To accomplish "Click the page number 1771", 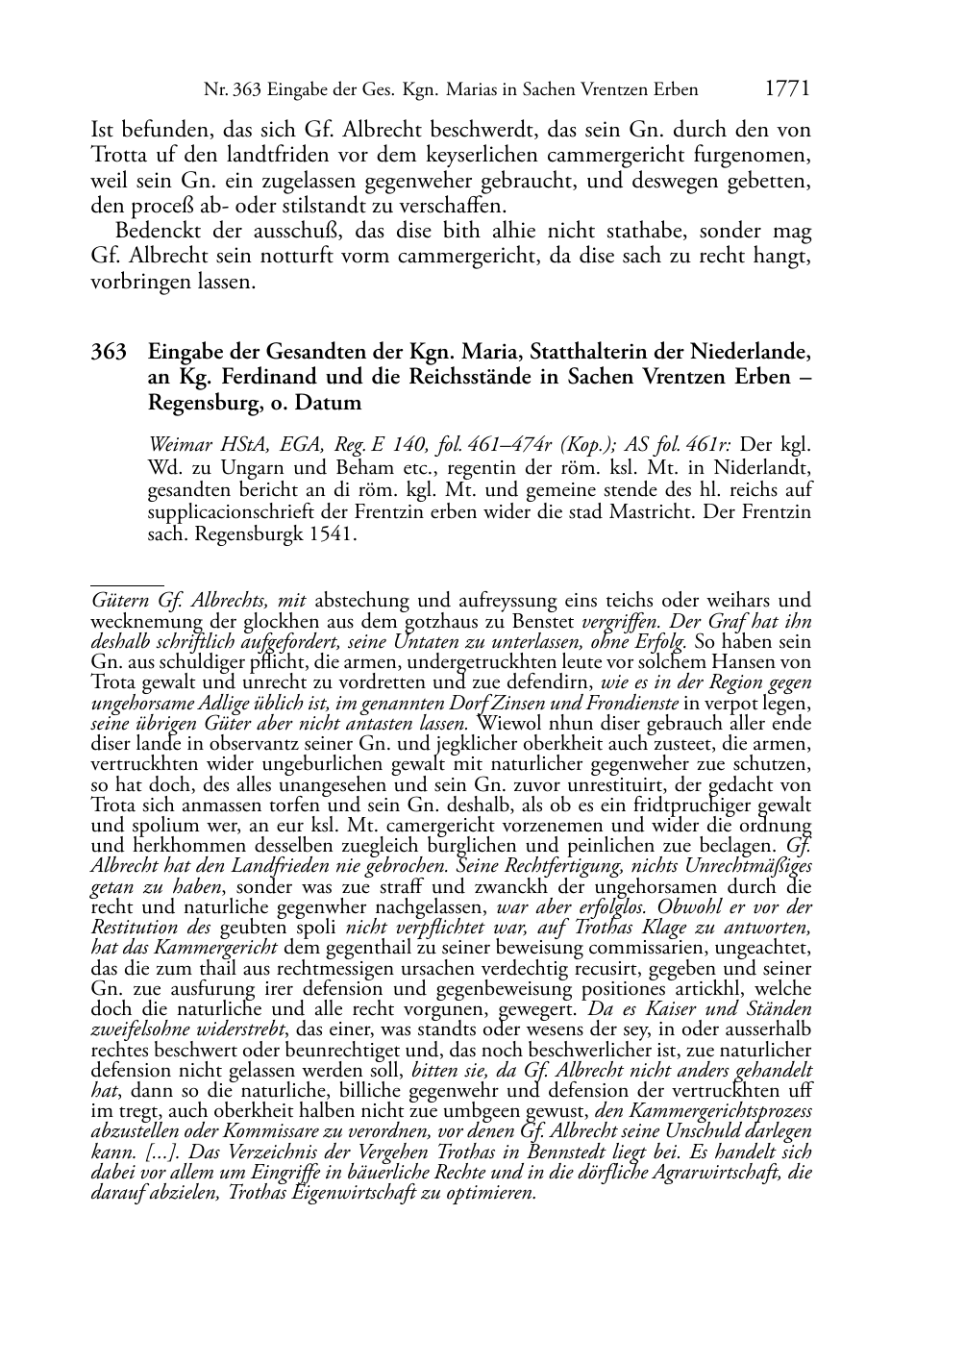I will [787, 89].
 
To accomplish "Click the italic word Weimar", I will [179, 445].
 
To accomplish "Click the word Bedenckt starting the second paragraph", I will [159, 232].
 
